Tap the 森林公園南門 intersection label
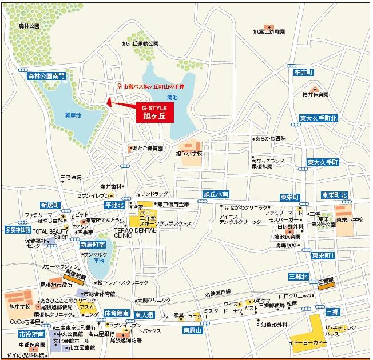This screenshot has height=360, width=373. coord(46,75)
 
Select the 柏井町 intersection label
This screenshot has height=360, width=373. coord(304,72)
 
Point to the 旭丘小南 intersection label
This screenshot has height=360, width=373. coord(216,194)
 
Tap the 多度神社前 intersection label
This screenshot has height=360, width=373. coord(18,230)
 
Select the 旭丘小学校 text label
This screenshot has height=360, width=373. coord(189,153)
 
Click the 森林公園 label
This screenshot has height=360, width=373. coord(29,26)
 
